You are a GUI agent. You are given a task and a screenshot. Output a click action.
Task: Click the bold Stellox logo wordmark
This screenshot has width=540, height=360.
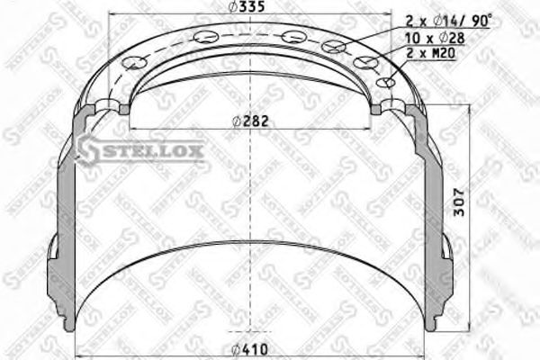[148, 150]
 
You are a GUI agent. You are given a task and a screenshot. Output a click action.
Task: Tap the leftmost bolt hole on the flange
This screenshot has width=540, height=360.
[137, 62]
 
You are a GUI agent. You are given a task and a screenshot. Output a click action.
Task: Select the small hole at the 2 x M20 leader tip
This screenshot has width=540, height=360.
[388, 82]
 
